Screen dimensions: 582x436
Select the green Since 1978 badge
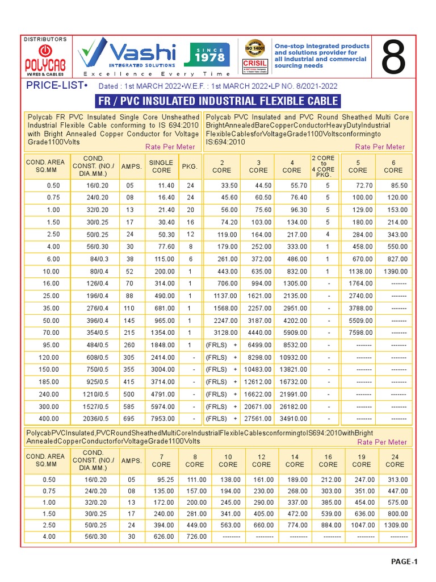tap(210, 55)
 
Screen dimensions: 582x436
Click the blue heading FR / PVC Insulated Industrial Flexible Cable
tap(218, 102)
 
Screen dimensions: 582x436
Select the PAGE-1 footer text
tap(404, 562)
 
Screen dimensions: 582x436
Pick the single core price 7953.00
tap(162, 419)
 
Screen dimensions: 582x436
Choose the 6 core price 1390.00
tap(395, 271)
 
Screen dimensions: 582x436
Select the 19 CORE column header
tap(361, 460)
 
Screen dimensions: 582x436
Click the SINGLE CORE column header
tap(161, 166)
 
